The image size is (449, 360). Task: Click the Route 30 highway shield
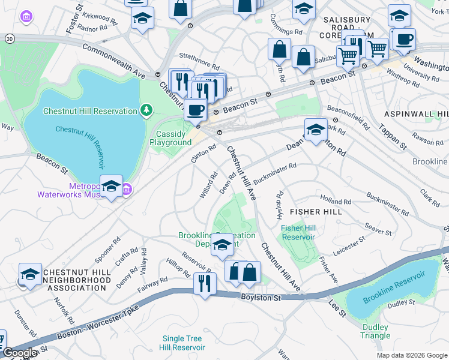[x=9, y=38]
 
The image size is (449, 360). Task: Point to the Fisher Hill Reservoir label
[x=299, y=232]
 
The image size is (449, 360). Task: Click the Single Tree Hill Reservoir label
[x=183, y=343]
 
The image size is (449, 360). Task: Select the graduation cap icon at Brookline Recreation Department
[x=222, y=245]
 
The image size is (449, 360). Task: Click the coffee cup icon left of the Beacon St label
[x=194, y=109]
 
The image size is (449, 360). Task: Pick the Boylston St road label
[x=262, y=297]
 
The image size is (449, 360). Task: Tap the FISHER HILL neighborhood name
[x=316, y=212]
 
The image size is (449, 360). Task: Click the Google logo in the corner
[x=20, y=353]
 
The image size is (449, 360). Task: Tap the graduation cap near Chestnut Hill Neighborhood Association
[x=30, y=274]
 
